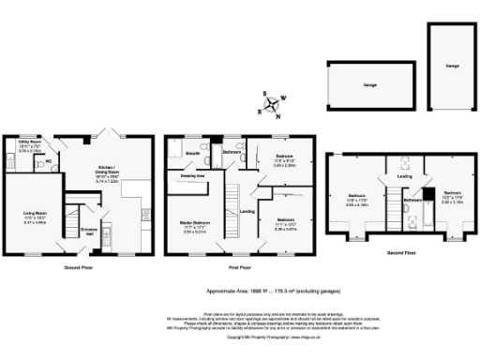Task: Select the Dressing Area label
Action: [193, 175]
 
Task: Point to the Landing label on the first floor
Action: [247, 211]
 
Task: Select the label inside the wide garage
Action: [368, 85]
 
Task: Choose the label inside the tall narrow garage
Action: [452, 67]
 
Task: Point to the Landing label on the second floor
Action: [403, 175]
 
